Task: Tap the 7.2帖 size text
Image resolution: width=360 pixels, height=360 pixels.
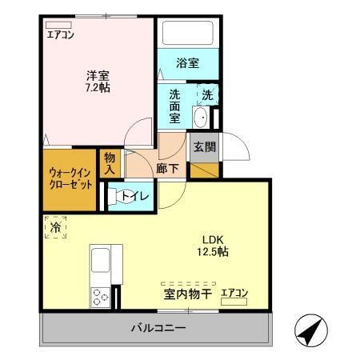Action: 98,87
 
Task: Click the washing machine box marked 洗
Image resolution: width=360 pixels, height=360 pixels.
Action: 206,94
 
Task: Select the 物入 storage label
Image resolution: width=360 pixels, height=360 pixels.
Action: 110,163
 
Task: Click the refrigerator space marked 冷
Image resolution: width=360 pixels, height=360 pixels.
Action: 55,228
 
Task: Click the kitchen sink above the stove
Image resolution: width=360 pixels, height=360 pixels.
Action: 102,262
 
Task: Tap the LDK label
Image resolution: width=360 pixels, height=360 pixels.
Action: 214,239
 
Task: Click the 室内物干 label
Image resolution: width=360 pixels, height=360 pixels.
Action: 187,295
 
